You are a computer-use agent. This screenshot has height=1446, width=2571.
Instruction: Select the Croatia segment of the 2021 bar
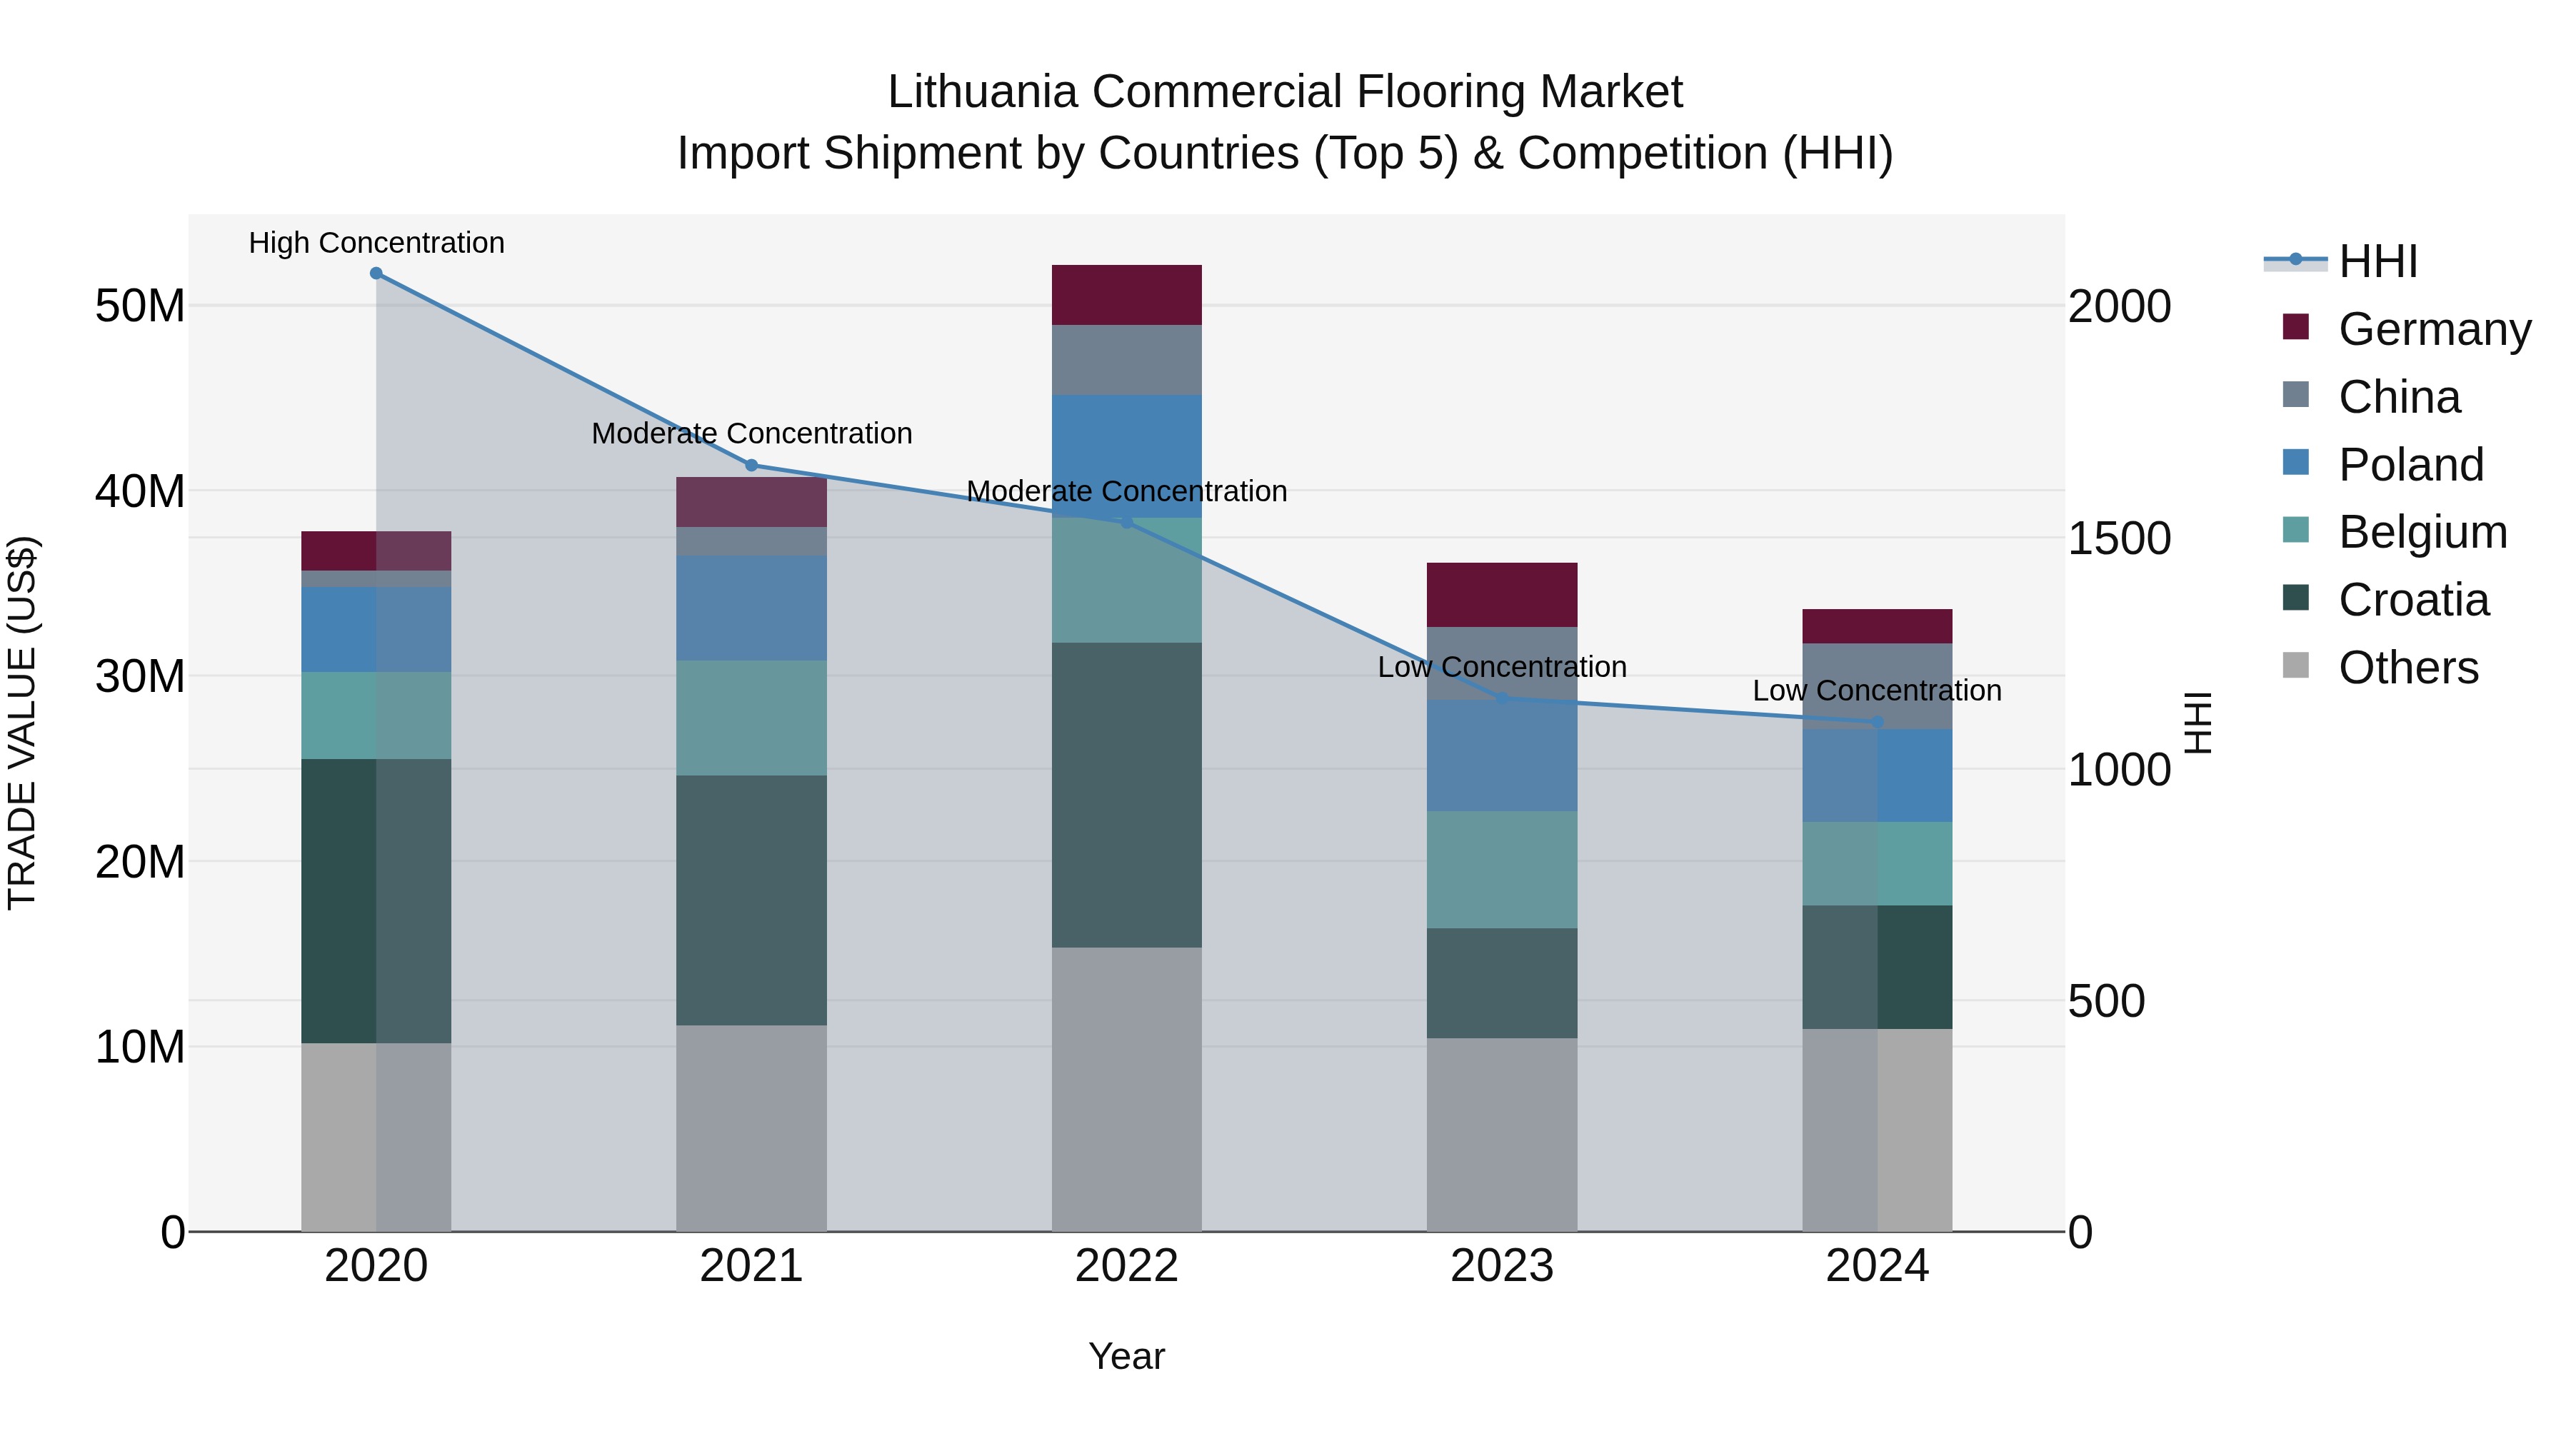(x=751, y=900)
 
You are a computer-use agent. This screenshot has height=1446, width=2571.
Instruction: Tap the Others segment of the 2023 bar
(x=1501, y=1135)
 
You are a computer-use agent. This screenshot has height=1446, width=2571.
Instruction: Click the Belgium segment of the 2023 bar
(x=1501, y=869)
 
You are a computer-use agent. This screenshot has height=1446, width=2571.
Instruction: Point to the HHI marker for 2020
(x=376, y=273)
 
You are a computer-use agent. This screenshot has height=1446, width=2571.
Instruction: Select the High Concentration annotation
(x=376, y=243)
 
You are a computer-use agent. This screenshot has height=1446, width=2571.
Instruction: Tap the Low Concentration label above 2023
(x=1501, y=667)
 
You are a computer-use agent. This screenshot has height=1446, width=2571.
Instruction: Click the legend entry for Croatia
(x=2412, y=600)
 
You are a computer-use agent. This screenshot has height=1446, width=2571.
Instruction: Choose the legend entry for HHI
(x=2377, y=261)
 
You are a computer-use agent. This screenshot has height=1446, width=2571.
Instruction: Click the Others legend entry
(x=2407, y=668)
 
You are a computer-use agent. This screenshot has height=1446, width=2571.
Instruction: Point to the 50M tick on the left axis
(x=140, y=306)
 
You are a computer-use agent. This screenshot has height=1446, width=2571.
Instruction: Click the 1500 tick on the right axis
(x=2119, y=538)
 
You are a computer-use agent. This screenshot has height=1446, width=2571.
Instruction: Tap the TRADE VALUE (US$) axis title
(x=22, y=723)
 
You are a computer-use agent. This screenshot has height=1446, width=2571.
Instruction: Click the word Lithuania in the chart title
(x=982, y=92)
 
